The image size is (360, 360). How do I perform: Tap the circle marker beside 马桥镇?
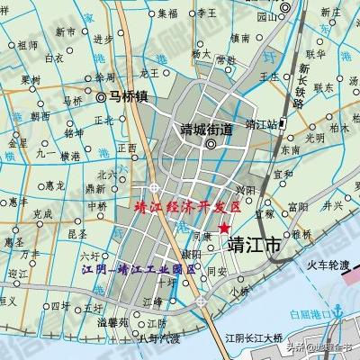click(x=102, y=95)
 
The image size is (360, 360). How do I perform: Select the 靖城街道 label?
click(x=206, y=128)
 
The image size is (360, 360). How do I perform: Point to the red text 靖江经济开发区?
click(x=186, y=207)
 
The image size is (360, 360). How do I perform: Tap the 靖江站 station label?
click(x=262, y=124)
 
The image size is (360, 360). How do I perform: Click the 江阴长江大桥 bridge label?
click(x=254, y=339)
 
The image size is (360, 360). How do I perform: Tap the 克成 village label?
click(x=42, y=214)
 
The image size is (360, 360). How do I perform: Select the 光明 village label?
click(x=314, y=138)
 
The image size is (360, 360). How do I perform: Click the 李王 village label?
click(x=207, y=13)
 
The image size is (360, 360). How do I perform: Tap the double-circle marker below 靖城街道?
click(x=211, y=144)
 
